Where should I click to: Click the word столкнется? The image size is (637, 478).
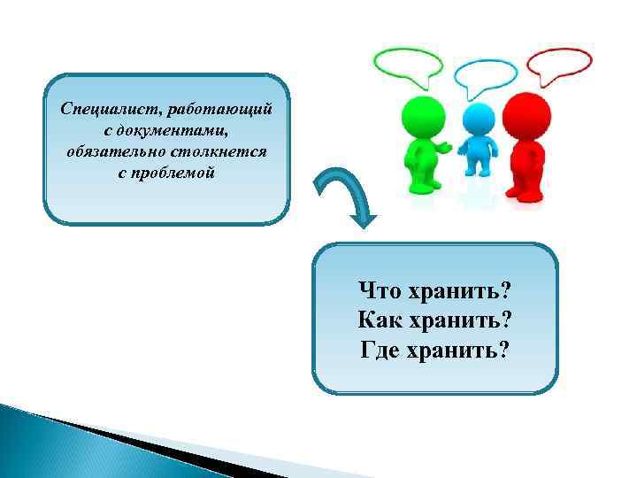[221, 151]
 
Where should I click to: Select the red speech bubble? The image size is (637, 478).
[559, 63]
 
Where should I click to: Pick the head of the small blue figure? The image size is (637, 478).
[478, 118]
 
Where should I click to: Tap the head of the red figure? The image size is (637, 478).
[528, 113]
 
